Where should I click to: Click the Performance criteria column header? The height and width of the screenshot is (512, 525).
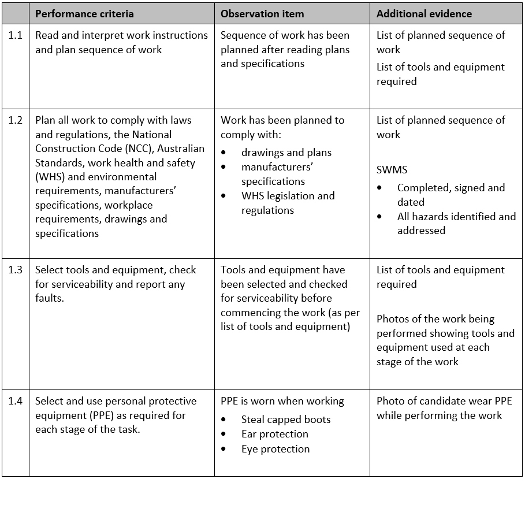pyautogui.click(x=84, y=13)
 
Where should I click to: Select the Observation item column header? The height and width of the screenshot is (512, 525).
pyautogui.click(x=263, y=13)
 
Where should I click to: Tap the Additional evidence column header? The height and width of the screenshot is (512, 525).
pyautogui.click(x=424, y=13)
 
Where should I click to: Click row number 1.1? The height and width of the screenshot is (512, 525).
pyautogui.click(x=16, y=35)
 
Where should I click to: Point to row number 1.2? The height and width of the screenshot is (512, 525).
pyautogui.click(x=16, y=120)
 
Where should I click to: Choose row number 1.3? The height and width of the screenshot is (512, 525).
pyautogui.click(x=16, y=270)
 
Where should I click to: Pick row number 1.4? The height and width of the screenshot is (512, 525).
pyautogui.click(x=16, y=401)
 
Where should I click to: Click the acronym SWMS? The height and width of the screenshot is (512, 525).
pyautogui.click(x=392, y=170)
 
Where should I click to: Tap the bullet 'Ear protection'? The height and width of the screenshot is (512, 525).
pyautogui.click(x=274, y=434)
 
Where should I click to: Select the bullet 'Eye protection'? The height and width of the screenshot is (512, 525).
pyautogui.click(x=275, y=449)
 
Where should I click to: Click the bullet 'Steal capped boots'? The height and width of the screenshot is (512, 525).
pyautogui.click(x=286, y=420)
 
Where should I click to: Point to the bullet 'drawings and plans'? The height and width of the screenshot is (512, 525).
pyautogui.click(x=286, y=153)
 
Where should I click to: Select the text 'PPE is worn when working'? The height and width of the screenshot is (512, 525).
pyautogui.click(x=282, y=401)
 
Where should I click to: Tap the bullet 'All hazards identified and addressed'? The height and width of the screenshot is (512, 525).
pyautogui.click(x=456, y=223)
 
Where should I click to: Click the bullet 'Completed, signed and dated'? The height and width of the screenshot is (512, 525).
pyautogui.click(x=450, y=195)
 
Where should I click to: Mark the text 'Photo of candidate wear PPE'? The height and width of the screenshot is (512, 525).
pyautogui.click(x=444, y=401)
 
